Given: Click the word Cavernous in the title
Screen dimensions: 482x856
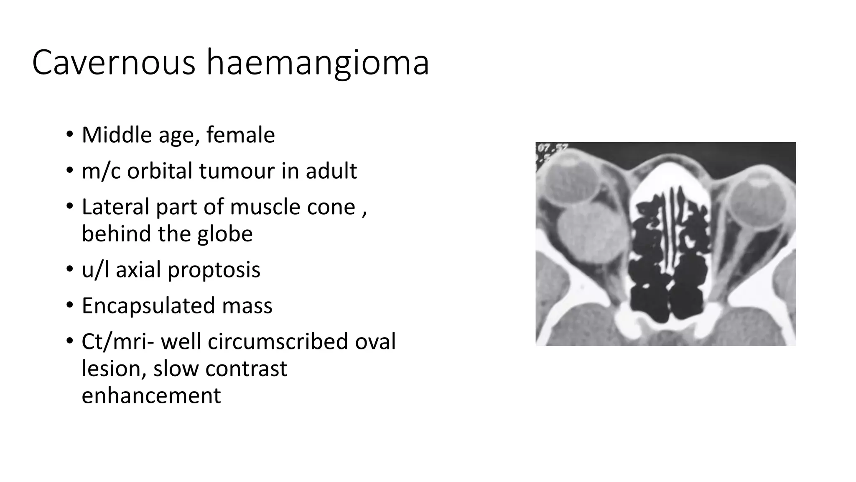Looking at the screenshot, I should pyautogui.click(x=114, y=63).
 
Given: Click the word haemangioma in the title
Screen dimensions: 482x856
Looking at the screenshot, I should pyautogui.click(x=318, y=64).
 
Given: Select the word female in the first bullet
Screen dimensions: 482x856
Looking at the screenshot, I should pyautogui.click(x=240, y=135).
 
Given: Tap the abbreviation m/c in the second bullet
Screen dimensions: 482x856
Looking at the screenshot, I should pyautogui.click(x=100, y=171).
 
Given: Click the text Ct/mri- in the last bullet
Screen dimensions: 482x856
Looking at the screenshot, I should pyautogui.click(x=118, y=341).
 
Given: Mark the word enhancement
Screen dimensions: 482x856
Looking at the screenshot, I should pyautogui.click(x=151, y=395).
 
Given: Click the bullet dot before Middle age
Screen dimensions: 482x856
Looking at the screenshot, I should pyautogui.click(x=69, y=135).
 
